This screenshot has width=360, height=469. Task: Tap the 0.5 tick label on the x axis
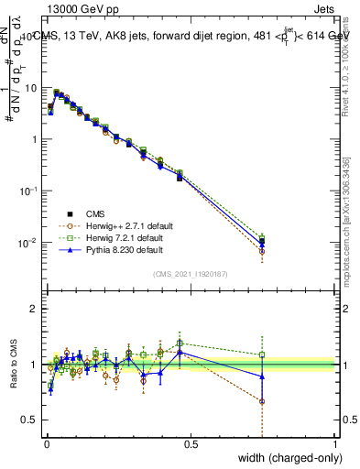[191, 445]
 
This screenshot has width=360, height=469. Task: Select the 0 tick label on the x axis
[47, 445]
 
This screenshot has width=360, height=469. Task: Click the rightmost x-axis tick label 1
[334, 445]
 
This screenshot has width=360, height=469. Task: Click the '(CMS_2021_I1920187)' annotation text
[191, 274]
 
